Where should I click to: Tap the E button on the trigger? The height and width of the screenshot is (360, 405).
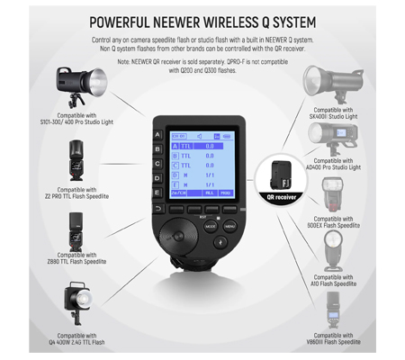(159, 193)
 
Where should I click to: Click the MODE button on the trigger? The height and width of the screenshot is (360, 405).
(211, 227)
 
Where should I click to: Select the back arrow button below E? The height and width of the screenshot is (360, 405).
(159, 209)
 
